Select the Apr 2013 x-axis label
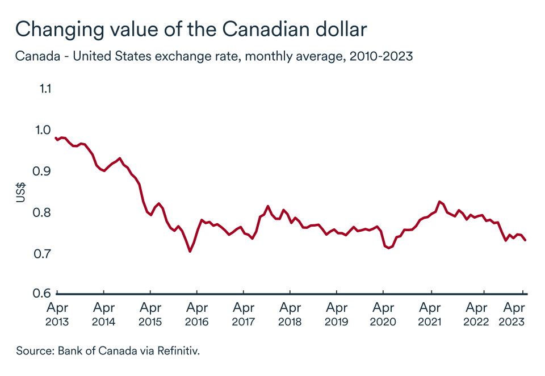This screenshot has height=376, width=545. (x=57, y=315)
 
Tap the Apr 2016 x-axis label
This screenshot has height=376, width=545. (x=196, y=315)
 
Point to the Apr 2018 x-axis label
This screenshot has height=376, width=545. (x=290, y=315)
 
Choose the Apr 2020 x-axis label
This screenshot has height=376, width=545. (x=383, y=315)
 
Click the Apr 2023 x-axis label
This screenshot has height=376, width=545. (x=514, y=315)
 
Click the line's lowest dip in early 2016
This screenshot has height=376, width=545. (x=190, y=251)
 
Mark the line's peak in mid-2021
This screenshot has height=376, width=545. (x=439, y=202)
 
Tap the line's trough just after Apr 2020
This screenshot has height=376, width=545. (x=389, y=248)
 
